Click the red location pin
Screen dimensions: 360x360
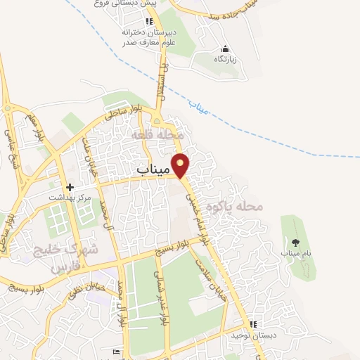(x=181, y=165)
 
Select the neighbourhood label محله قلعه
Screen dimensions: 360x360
(x=160, y=134)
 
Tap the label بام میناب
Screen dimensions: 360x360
(x=296, y=252)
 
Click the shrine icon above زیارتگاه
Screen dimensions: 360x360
(x=225, y=49)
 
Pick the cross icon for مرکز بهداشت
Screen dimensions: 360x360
(x=70, y=187)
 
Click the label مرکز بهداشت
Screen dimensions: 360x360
(x=70, y=198)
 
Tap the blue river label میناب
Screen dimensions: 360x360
(x=199, y=107)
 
